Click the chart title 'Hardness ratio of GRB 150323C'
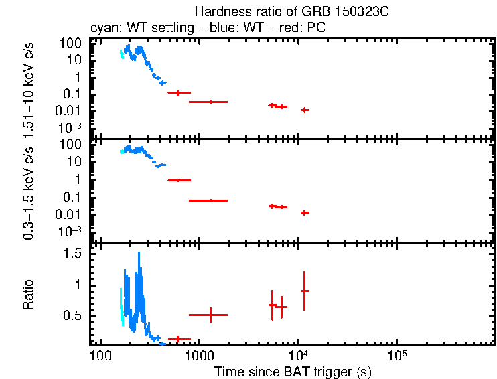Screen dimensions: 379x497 click(x=292, y=12)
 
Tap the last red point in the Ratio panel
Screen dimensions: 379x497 click(x=305, y=291)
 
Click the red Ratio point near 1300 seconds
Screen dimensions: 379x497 click(x=211, y=315)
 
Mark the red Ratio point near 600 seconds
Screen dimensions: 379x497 click(x=178, y=339)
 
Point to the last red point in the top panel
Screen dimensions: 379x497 click(x=305, y=110)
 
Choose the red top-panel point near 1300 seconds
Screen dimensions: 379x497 click(x=211, y=102)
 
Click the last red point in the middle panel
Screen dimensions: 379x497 click(x=305, y=212)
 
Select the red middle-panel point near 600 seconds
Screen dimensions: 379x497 click(x=178, y=180)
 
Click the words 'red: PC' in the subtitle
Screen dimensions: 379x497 click(x=306, y=29)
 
